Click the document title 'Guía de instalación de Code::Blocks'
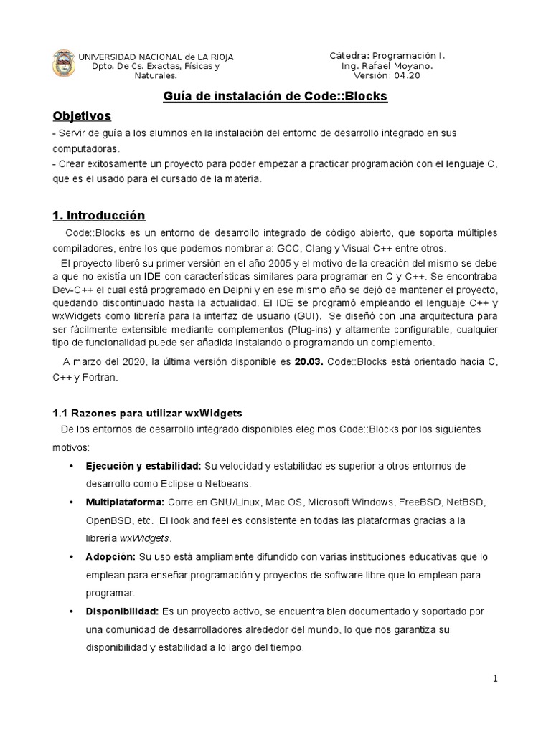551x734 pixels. [275, 96]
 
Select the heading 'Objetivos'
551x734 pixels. [82, 115]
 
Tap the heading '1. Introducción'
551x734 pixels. [99, 215]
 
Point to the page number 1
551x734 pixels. [496, 679]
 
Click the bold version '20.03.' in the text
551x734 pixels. [309, 361]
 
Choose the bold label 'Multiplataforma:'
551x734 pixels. [126, 502]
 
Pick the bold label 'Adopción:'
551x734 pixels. [110, 556]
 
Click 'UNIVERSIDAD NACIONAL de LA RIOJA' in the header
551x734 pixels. [156, 57]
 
